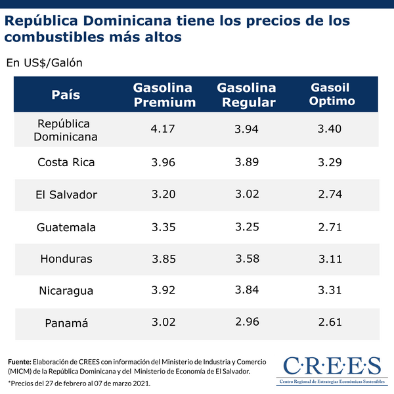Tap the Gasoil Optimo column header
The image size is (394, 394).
(x=332, y=95)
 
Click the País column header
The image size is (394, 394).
(x=66, y=95)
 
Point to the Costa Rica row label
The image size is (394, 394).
(x=66, y=162)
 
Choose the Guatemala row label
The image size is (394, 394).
(x=66, y=227)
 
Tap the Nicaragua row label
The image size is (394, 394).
(x=66, y=291)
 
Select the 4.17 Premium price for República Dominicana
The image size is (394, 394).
(x=163, y=129)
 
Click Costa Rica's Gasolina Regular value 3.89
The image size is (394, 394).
(x=247, y=162)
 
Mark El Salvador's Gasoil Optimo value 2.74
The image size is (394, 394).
(x=330, y=194)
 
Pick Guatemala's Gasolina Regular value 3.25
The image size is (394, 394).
(x=247, y=227)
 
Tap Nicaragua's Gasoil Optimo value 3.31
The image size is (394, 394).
(x=330, y=290)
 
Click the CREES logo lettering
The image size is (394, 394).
(x=332, y=365)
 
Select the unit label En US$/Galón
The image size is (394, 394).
(x=43, y=63)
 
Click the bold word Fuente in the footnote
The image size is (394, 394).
(x=19, y=362)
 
